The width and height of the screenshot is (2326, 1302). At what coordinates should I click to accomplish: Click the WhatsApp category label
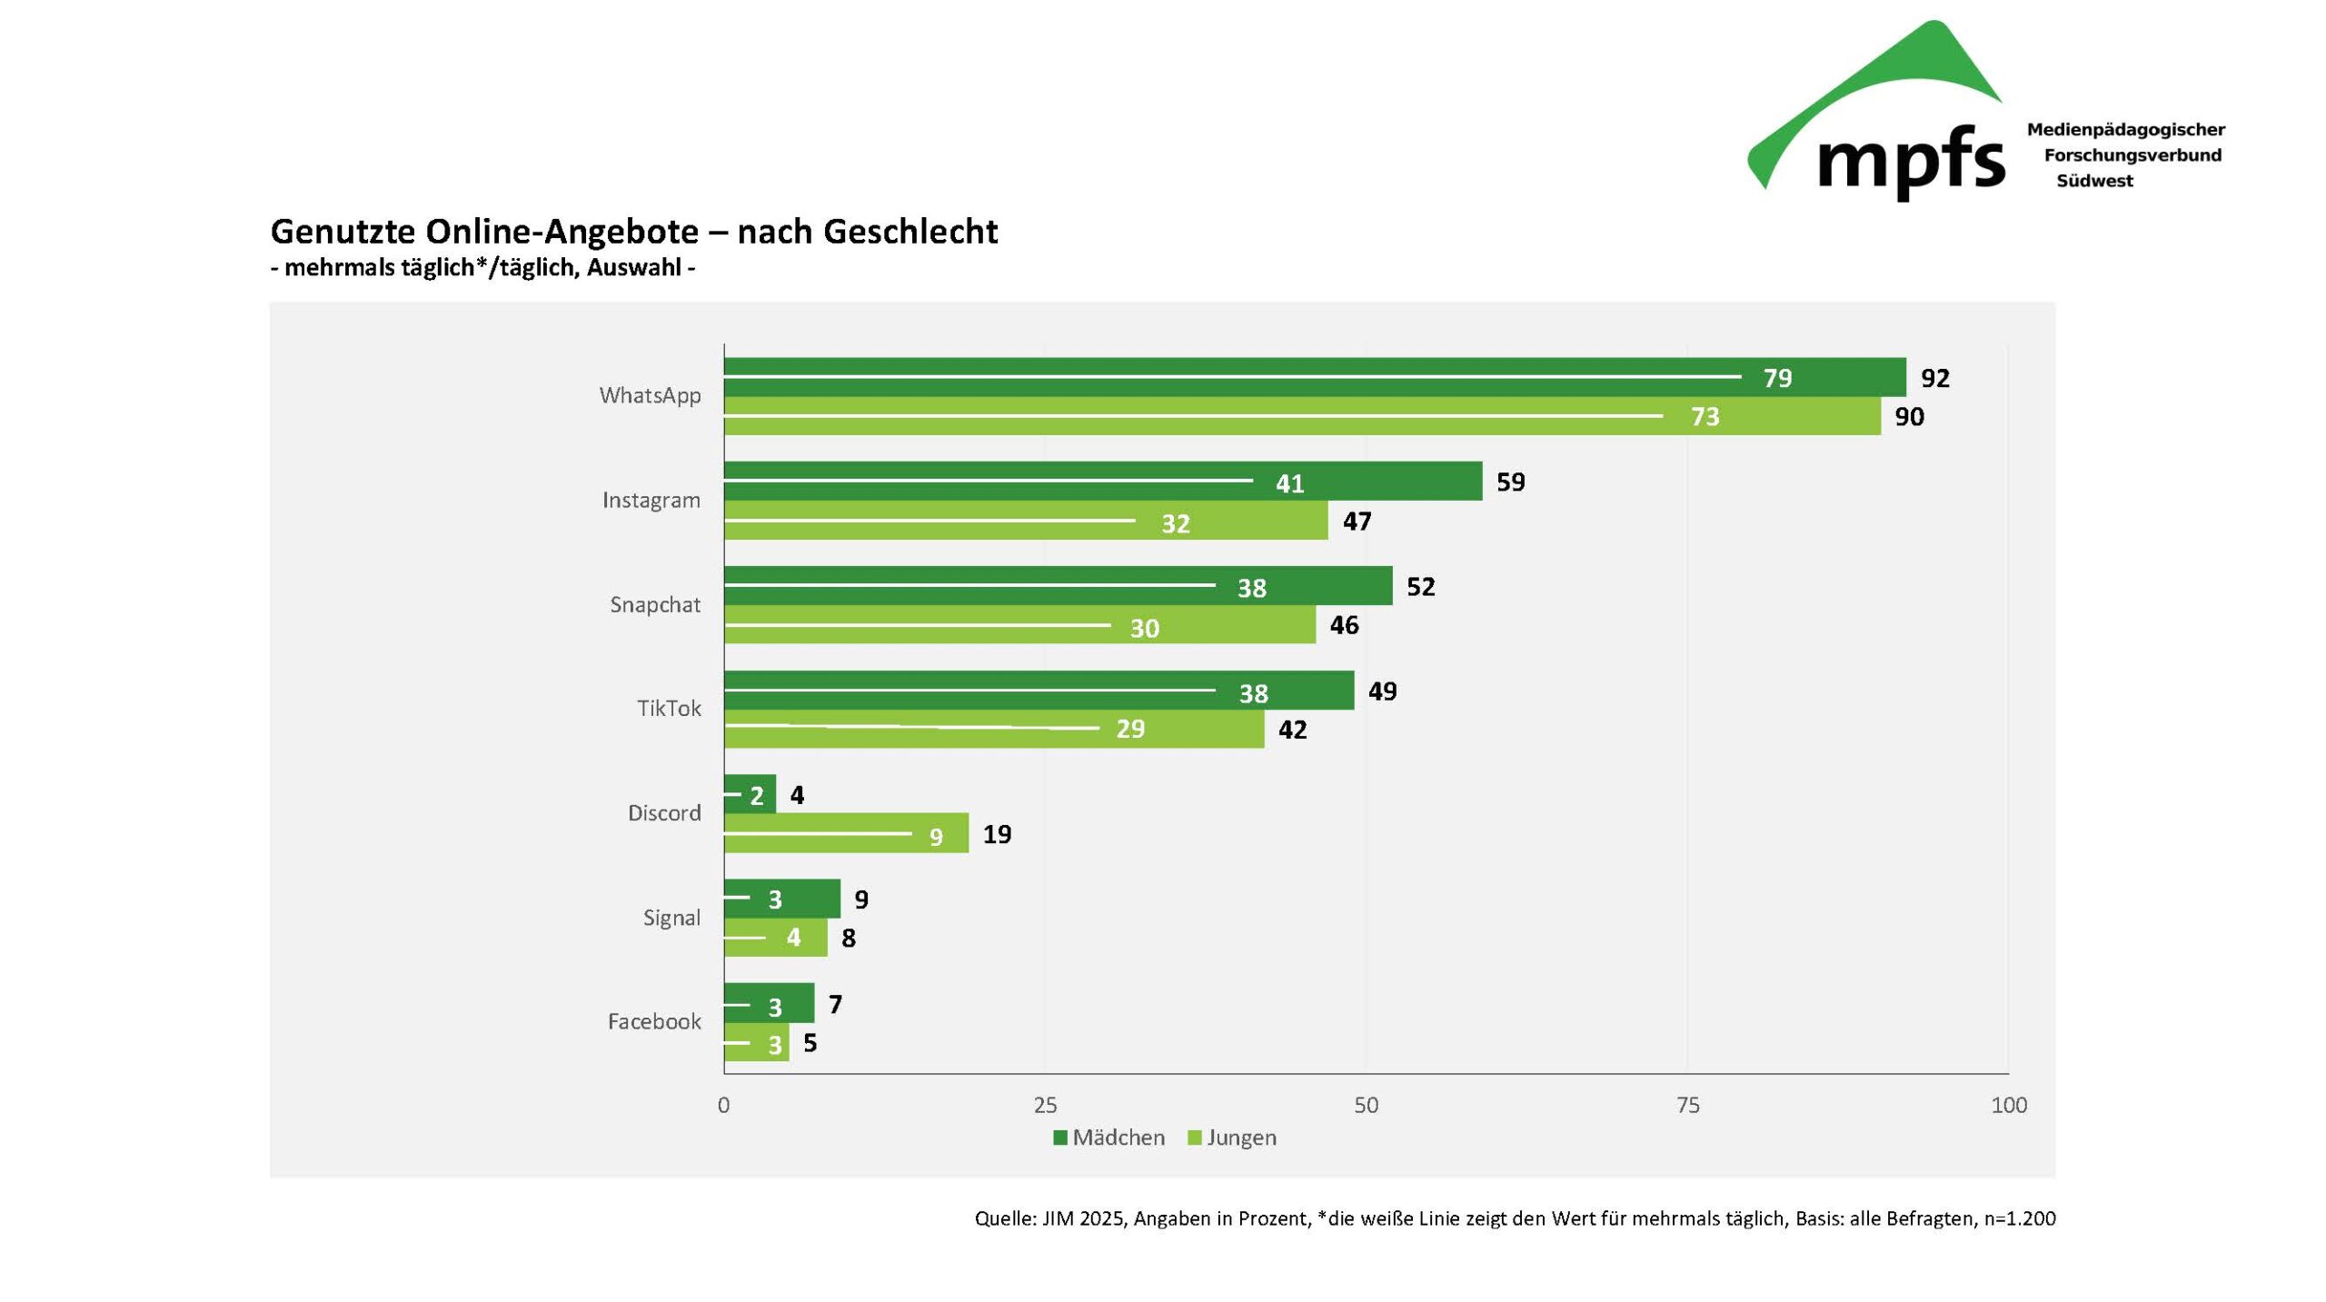point(650,396)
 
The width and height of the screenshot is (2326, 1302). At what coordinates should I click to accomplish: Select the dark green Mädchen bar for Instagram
point(1102,482)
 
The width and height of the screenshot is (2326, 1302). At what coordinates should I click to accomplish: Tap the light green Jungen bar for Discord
point(845,833)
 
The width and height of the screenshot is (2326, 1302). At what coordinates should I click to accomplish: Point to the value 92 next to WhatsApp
point(1934,378)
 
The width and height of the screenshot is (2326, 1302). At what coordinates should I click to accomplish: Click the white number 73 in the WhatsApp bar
point(1705,417)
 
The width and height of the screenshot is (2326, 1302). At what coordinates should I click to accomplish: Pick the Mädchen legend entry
point(1108,1138)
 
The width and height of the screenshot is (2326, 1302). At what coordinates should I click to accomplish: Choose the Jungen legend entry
point(1232,1138)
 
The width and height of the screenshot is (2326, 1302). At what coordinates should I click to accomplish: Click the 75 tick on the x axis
point(1687,1106)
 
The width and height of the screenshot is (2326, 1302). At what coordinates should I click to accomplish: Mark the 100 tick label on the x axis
point(2008,1106)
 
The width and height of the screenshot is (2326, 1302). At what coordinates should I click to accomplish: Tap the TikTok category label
point(669,709)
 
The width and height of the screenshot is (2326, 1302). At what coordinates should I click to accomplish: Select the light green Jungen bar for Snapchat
point(1019,625)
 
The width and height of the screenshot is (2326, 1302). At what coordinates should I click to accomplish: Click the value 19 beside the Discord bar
point(997,834)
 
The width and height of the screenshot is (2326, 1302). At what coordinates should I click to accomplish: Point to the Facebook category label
point(654,1022)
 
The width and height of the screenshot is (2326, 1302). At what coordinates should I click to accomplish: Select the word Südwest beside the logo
point(2094,181)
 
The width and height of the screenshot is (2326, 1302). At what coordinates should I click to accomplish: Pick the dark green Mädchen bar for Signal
point(781,899)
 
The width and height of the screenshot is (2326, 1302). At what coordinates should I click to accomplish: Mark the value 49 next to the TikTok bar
point(1382,691)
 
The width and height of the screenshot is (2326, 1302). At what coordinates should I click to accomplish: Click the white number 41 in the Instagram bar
point(1289,483)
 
